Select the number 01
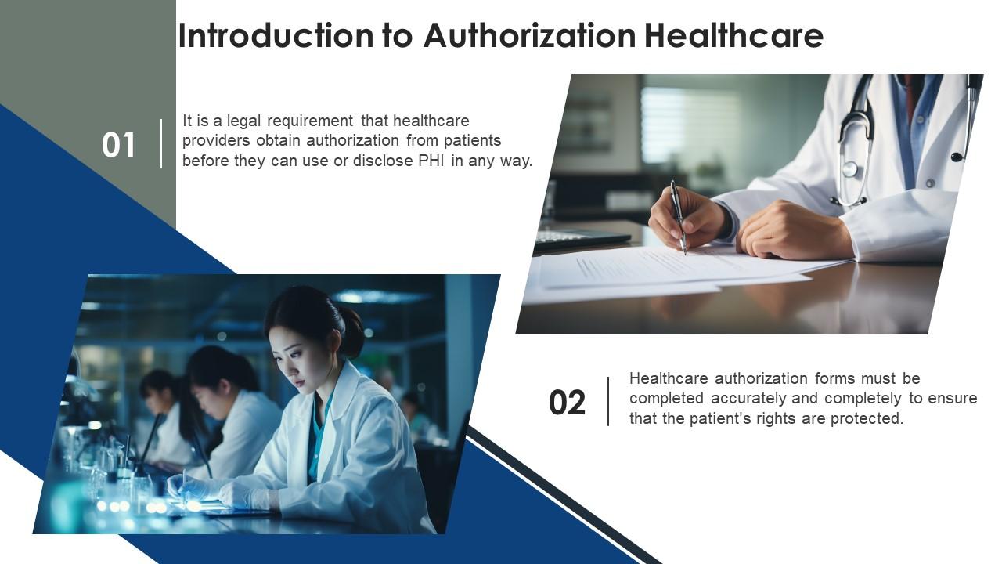click(119, 146)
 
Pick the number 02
click(567, 403)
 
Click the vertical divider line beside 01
click(162, 143)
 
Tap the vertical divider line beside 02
click(608, 401)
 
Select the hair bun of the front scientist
click(351, 330)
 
